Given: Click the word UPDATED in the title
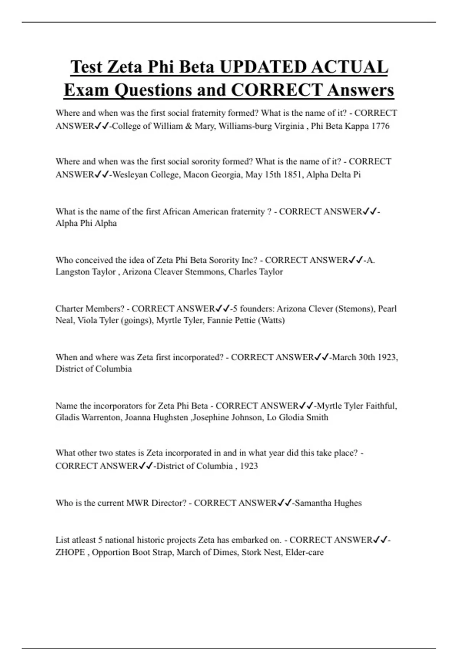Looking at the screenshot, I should click(x=263, y=67).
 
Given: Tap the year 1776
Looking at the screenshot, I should click(x=380, y=126).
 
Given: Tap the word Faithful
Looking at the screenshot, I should click(x=381, y=405).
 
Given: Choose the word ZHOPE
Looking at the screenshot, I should click(x=70, y=552).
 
